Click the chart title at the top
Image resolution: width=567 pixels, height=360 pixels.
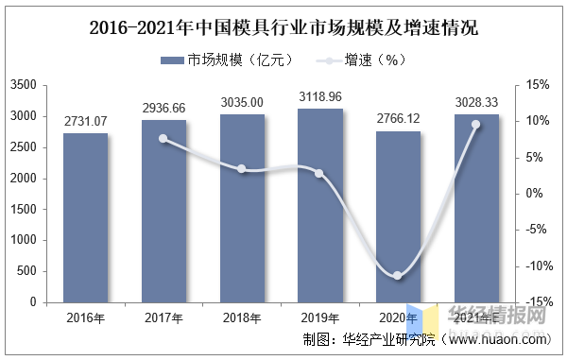click(x=283, y=27)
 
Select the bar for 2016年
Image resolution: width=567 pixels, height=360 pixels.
click(x=86, y=217)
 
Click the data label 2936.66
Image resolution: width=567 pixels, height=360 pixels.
click(x=163, y=110)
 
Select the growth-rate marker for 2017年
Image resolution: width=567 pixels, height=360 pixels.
click(x=163, y=139)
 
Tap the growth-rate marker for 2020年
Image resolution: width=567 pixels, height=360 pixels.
click(x=398, y=276)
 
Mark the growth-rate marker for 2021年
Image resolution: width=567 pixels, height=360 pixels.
click(x=476, y=125)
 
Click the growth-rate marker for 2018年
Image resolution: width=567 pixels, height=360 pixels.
click(x=242, y=169)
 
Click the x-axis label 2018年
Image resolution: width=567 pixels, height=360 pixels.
click(x=242, y=317)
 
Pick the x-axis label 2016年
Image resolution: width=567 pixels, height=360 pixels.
click(x=86, y=317)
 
